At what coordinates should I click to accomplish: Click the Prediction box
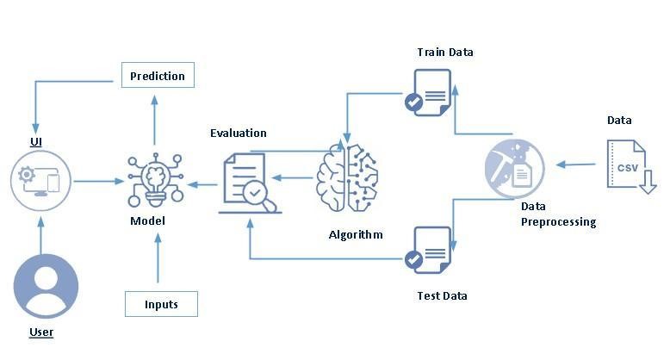pyautogui.click(x=158, y=76)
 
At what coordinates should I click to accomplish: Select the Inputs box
pyautogui.click(x=161, y=304)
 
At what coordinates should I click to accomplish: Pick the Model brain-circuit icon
pyautogui.click(x=157, y=180)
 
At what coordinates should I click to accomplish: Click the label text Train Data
pyautogui.click(x=445, y=53)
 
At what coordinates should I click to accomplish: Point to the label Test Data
pyautogui.click(x=441, y=295)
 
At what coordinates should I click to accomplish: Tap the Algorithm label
pyautogui.click(x=356, y=234)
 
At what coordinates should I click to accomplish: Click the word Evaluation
pyautogui.click(x=239, y=133)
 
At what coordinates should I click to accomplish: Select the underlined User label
pyautogui.click(x=41, y=332)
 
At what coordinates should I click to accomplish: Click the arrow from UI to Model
pyautogui.click(x=99, y=181)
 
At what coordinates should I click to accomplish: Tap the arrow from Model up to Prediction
pyautogui.click(x=156, y=121)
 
